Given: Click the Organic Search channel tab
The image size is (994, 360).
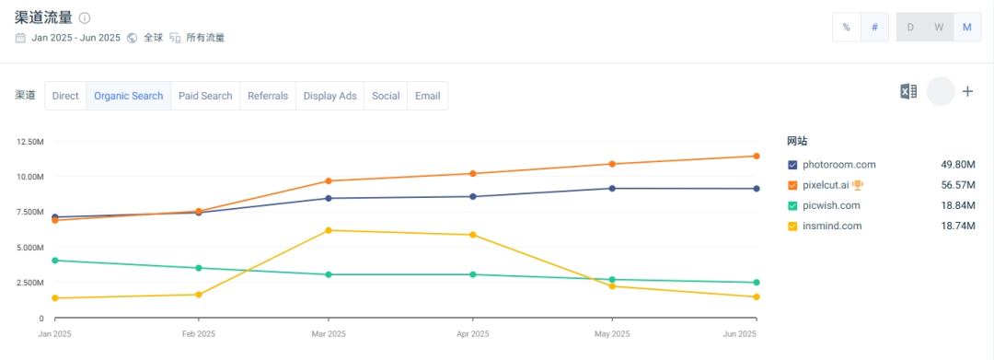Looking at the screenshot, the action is point(129,96).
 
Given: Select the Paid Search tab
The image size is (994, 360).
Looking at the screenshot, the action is point(205,96).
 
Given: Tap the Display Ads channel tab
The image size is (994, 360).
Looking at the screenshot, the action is point(329,96).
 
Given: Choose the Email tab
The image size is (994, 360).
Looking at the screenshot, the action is point(427,96).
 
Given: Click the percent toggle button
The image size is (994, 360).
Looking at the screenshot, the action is point(847,28).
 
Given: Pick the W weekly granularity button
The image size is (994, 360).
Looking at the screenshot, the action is point(939,28).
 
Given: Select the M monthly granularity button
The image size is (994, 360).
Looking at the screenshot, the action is point(967,28).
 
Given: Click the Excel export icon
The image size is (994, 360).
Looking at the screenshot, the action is point(908,91).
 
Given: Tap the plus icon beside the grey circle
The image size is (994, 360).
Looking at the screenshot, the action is point(967,91).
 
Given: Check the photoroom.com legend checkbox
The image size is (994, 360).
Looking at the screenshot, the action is point(792,165).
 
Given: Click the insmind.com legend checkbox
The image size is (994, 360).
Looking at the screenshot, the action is point(792,226).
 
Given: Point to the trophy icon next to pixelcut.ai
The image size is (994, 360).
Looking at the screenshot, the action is point(858,185).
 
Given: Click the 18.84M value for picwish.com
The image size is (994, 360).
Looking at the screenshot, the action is point(958,206).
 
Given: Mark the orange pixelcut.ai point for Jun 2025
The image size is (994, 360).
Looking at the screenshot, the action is point(757,156).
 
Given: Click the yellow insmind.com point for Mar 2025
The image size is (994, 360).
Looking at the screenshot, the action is point(329,230).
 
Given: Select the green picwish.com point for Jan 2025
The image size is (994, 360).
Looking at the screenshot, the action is point(54,261).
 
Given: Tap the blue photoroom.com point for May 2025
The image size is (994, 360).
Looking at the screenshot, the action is point(612,188).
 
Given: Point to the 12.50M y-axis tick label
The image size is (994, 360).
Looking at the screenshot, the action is point(29,141).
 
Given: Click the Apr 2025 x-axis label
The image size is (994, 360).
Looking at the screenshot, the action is point(472,333).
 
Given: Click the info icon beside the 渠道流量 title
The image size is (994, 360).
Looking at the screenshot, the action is point(85,17).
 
